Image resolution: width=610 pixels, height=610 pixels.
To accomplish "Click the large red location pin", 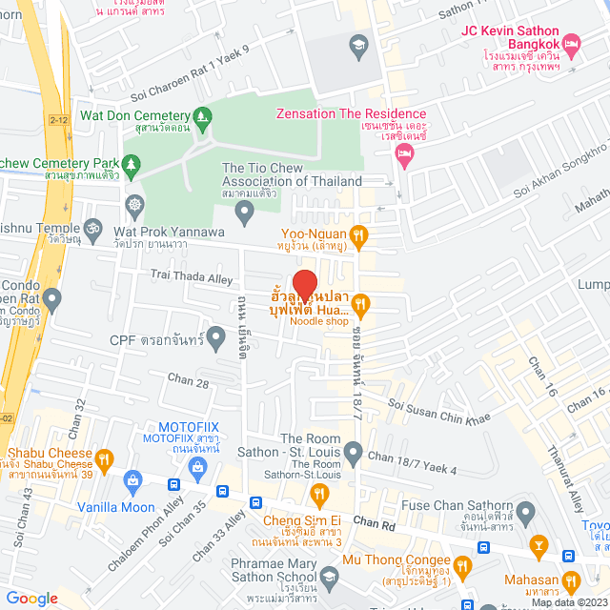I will (x=304, y=284).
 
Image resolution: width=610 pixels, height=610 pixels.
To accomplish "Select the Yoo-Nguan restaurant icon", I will (x=358, y=234).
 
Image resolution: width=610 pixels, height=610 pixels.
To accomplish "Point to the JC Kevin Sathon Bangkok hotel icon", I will (x=572, y=44).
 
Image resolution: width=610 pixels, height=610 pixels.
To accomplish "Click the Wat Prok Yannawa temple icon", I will (x=134, y=204).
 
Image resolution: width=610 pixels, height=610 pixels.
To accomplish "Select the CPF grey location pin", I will (x=216, y=335).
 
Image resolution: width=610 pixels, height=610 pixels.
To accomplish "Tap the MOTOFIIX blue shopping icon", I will (x=197, y=467).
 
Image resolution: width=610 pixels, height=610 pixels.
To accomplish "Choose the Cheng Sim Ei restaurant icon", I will (x=319, y=493).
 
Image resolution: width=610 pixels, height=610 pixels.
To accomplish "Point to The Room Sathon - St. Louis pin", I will (x=353, y=450).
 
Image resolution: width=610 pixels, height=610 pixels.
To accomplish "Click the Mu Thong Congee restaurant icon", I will (x=463, y=566).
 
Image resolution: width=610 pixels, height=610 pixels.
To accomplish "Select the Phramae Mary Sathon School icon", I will (x=329, y=575).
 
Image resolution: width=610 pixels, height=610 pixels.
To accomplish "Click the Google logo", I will (x=31, y=598).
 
